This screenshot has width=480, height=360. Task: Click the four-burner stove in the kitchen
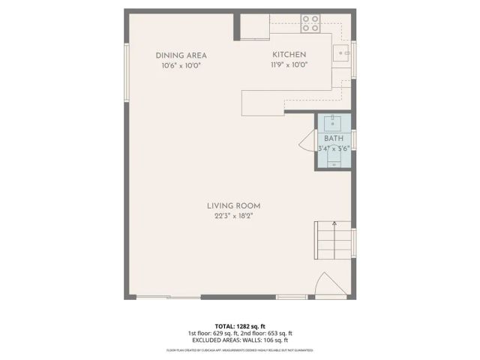310,23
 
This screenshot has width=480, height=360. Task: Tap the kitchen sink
343,52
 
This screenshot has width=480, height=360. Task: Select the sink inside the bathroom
333,122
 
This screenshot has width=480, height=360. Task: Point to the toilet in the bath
333,159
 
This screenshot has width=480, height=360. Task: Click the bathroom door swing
306,141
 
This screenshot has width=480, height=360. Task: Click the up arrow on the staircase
334,223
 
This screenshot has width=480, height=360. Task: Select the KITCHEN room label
289,55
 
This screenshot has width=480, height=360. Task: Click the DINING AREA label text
181,55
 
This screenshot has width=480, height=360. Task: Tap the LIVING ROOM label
234,205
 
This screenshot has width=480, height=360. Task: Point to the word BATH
333,139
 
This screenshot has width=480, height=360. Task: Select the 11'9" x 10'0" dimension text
289,65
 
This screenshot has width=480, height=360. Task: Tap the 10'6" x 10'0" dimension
181,65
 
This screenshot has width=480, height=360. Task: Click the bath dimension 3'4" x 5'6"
333,148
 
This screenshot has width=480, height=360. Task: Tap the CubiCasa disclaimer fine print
239,349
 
